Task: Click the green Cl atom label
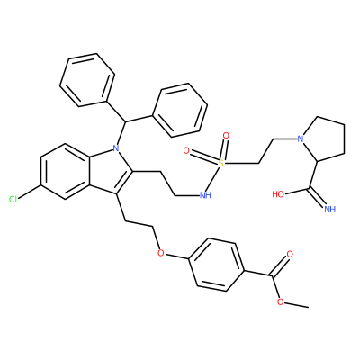pyautogui.click(x=13, y=199)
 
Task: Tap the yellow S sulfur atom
pyautogui.click(x=221, y=164)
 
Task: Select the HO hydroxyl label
pyautogui.click(x=278, y=194)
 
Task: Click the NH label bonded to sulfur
pyautogui.click(x=205, y=196)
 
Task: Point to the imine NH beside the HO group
pyautogui.click(x=330, y=209)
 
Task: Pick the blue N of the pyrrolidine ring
pyautogui.click(x=301, y=139)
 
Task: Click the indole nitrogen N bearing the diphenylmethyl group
pyautogui.click(x=116, y=148)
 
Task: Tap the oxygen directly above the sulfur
pyautogui.click(x=227, y=136)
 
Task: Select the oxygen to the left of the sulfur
pyautogui.click(x=186, y=151)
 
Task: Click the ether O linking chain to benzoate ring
pyautogui.click(x=161, y=253)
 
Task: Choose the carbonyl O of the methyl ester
pyautogui.click(x=290, y=255)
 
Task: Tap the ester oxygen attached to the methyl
pyautogui.click(x=280, y=301)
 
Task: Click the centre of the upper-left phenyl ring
pyautogui.click(x=87, y=80)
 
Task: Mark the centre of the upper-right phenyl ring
pyautogui.click(x=180, y=110)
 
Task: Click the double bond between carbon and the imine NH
pyautogui.click(x=318, y=198)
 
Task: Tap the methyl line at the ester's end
pyautogui.click(x=296, y=304)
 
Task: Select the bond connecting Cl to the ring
pyautogui.click(x=30, y=192)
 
